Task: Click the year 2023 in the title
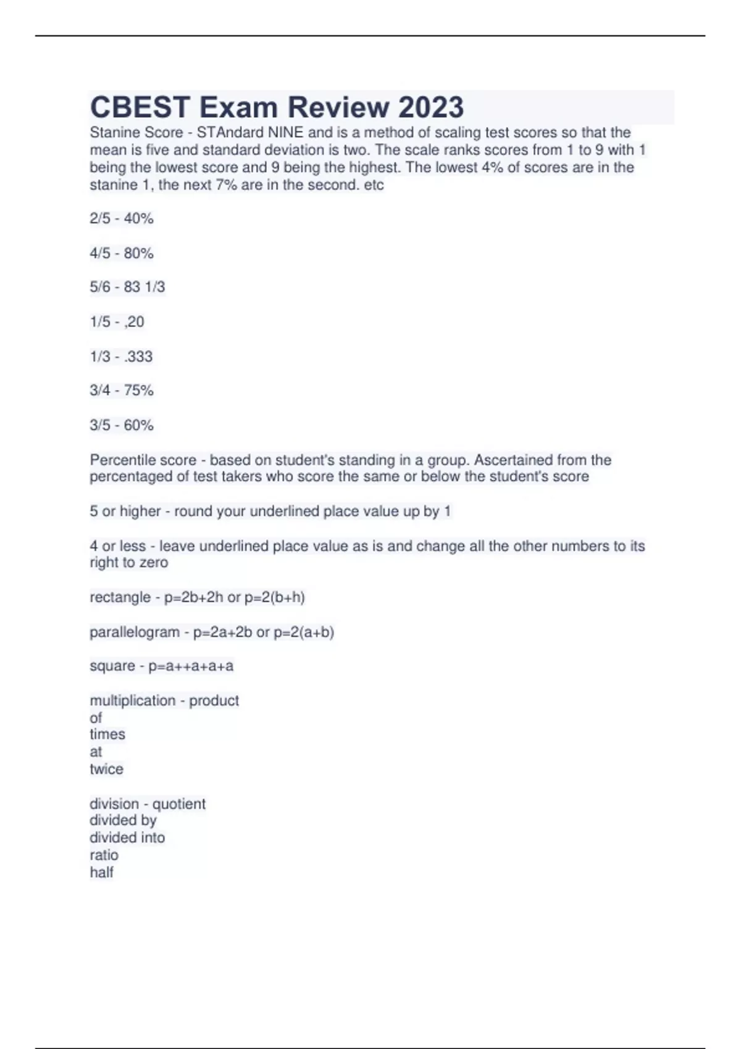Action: pyautogui.click(x=431, y=107)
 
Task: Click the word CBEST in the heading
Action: pyautogui.click(x=140, y=107)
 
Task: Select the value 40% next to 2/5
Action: pyautogui.click(x=138, y=218)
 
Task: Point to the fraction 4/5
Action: pyautogui.click(x=100, y=253)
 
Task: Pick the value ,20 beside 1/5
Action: pyautogui.click(x=134, y=321)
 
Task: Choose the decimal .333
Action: pyautogui.click(x=138, y=356)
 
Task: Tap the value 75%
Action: pyautogui.click(x=138, y=390)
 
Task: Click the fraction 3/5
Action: pyautogui.click(x=100, y=425)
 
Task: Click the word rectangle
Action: pyautogui.click(x=120, y=597)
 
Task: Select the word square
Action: pyautogui.click(x=112, y=666)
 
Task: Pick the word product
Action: pyautogui.click(x=214, y=700)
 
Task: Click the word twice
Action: pyautogui.click(x=106, y=769)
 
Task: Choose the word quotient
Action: pyautogui.click(x=178, y=803)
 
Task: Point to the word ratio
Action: pyautogui.click(x=104, y=855)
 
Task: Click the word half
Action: pyautogui.click(x=101, y=873)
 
